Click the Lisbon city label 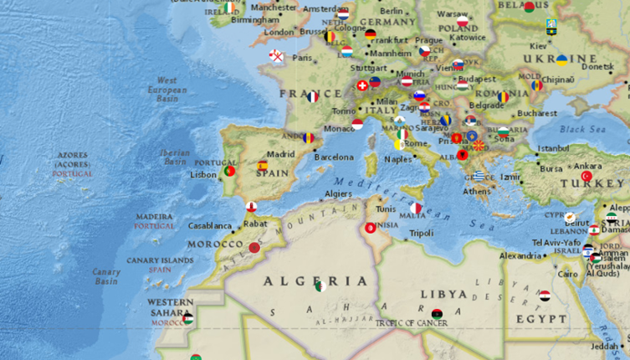(203, 175)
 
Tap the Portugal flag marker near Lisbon (228, 171)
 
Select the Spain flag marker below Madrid (263, 166)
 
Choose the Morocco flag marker (255, 247)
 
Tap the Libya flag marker (436, 313)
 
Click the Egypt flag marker (544, 296)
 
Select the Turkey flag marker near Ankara (586, 177)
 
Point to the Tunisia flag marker (370, 228)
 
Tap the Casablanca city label (209, 225)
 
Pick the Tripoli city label (422, 233)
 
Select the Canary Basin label (106, 276)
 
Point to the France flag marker (312, 97)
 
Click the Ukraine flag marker (561, 59)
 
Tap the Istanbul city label (553, 148)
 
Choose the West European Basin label (167, 90)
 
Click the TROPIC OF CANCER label (411, 322)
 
